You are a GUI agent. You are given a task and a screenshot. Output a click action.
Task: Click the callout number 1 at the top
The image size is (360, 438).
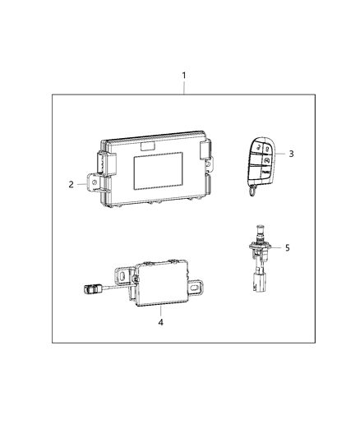pyautogui.click(x=184, y=76)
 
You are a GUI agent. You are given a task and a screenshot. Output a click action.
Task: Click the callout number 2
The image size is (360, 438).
pyautogui.click(x=72, y=185)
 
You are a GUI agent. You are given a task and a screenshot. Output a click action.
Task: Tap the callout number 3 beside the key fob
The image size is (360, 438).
pyautogui.click(x=291, y=154)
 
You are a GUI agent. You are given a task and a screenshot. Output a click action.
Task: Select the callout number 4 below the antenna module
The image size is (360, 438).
pyautogui.click(x=161, y=323)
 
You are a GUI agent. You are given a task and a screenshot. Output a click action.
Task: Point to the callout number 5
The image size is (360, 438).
pyautogui.click(x=287, y=247)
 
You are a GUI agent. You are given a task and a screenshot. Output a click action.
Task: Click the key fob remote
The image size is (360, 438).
pyautogui.click(x=259, y=164)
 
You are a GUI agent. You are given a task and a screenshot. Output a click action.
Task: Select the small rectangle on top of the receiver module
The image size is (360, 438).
pyautogui.click(x=149, y=146)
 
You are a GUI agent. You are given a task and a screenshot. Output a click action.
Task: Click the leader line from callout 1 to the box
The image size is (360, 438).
pyautogui.click(x=184, y=88)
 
